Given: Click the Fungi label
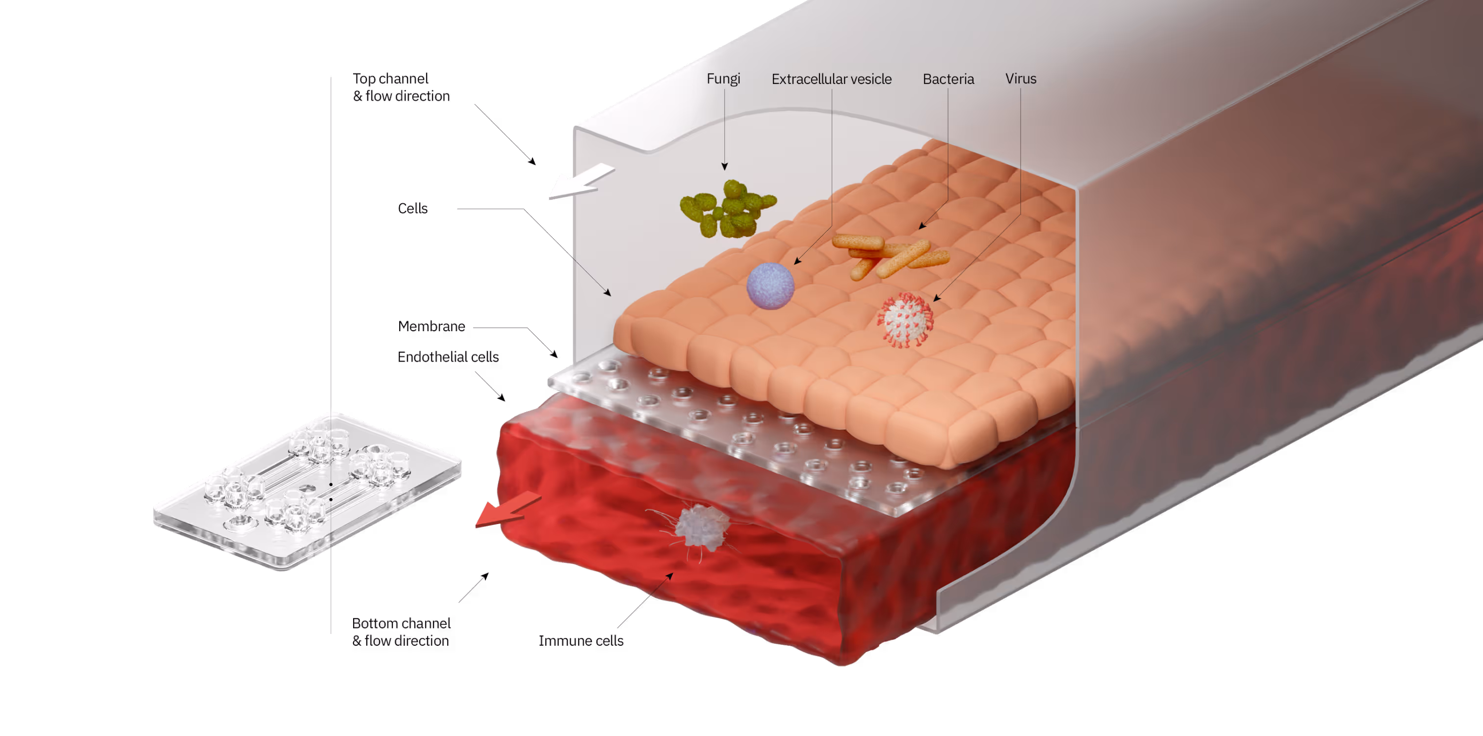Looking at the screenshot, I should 723,79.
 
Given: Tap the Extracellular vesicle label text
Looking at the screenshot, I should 831,79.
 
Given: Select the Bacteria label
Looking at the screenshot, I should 948,79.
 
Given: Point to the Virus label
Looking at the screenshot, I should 1021,79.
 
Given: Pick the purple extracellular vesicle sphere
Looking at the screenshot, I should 770,286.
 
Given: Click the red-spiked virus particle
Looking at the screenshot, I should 904,319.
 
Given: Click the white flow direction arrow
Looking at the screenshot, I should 579,182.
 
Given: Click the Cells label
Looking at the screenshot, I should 413,209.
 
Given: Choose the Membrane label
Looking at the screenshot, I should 432,326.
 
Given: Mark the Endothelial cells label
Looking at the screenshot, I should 448,357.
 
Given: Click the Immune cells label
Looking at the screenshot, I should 581,640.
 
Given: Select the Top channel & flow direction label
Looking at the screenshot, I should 401,87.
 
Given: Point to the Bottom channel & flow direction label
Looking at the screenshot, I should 401,632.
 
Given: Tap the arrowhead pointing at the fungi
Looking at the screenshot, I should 724,167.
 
